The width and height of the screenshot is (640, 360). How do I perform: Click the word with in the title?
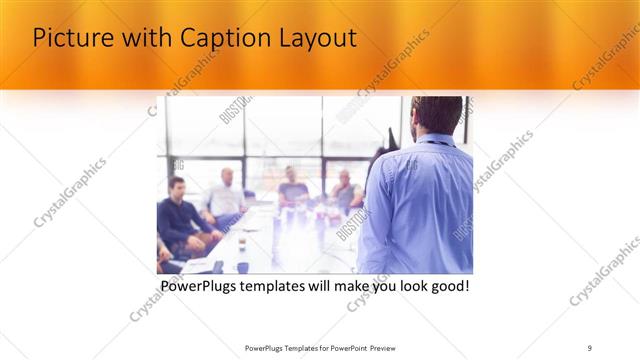pos(142,40)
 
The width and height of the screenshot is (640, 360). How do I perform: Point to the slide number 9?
pos(590,347)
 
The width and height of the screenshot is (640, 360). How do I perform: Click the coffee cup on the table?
pos(243,266)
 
